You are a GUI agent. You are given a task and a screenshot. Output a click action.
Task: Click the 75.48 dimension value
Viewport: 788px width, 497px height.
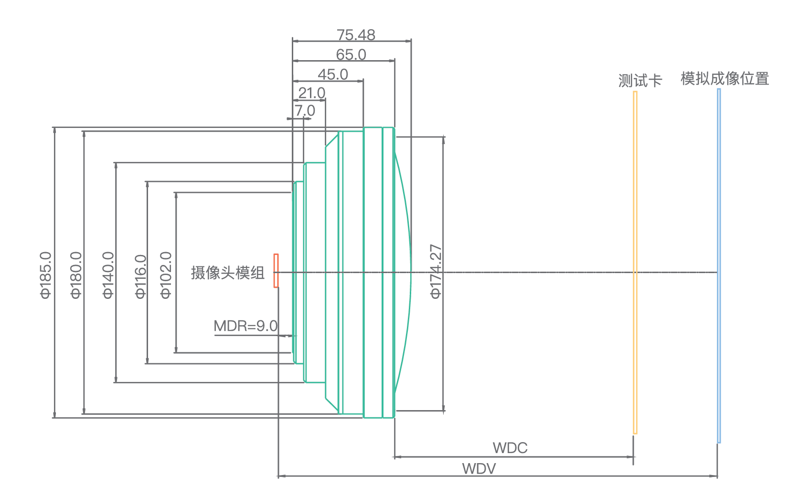pyautogui.click(x=356, y=35)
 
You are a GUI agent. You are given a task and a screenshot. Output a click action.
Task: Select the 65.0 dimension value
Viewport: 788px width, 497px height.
pyautogui.click(x=351, y=54)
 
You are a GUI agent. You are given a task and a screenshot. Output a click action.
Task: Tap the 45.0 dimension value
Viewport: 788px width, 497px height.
pyautogui.click(x=333, y=74)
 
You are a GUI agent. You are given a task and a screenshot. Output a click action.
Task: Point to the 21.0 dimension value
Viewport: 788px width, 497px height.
pyautogui.click(x=312, y=93)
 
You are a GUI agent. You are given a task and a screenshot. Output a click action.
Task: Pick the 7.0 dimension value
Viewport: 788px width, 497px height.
pyautogui.click(x=305, y=110)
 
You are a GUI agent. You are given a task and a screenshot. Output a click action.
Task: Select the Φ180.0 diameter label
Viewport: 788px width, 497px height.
pyautogui.click(x=76, y=275)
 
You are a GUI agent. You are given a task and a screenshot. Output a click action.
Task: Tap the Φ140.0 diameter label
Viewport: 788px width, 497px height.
pyautogui.click(x=108, y=275)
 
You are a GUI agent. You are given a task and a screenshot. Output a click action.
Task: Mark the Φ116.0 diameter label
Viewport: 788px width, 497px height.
pyautogui.click(x=140, y=276)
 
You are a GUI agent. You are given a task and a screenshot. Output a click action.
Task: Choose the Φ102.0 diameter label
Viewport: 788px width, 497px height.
pyautogui.click(x=165, y=275)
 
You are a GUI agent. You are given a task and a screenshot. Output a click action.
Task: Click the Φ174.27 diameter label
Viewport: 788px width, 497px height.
pyautogui.click(x=436, y=272)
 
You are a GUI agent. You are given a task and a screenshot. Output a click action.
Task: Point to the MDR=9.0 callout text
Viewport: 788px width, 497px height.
pyautogui.click(x=245, y=326)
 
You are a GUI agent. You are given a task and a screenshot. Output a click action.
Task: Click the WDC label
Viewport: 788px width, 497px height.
pyautogui.click(x=510, y=448)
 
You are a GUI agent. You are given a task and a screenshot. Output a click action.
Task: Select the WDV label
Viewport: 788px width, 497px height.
pyautogui.click(x=479, y=468)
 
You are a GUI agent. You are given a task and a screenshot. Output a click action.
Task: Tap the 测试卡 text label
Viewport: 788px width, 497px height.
pyautogui.click(x=640, y=80)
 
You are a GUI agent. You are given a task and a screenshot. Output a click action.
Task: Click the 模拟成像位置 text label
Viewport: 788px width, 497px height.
pyautogui.click(x=724, y=78)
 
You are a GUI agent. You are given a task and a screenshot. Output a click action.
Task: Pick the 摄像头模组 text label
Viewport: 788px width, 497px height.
pyautogui.click(x=227, y=273)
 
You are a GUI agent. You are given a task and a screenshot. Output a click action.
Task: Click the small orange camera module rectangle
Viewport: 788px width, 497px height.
pyautogui.click(x=276, y=271)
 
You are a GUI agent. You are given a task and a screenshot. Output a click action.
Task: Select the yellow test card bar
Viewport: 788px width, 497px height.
pyautogui.click(x=635, y=263)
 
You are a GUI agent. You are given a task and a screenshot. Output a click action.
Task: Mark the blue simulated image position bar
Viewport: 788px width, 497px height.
pyautogui.click(x=719, y=265)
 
